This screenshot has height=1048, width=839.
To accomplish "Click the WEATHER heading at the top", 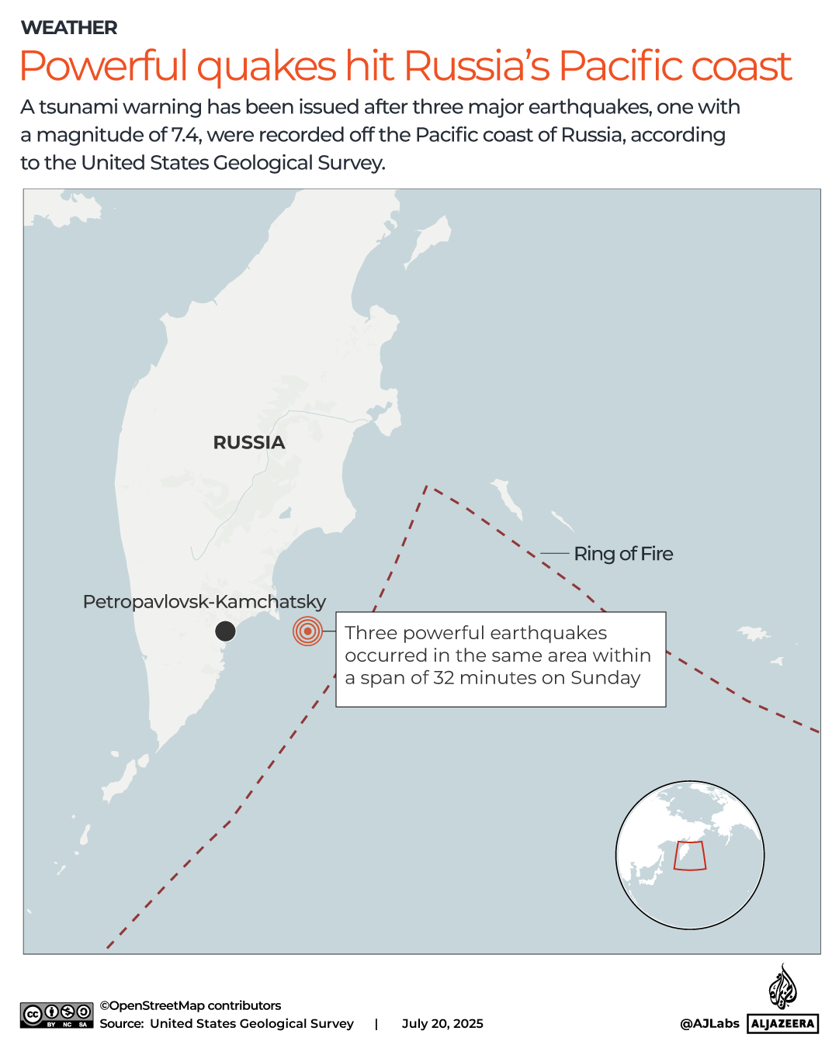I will tap(69, 28).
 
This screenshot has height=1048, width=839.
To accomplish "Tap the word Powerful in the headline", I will tap(104, 66).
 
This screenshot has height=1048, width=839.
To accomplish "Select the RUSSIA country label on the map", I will tap(249, 442).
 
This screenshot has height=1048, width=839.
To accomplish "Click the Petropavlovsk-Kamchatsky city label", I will tap(204, 602).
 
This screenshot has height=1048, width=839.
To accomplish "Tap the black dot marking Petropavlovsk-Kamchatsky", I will tap(225, 631).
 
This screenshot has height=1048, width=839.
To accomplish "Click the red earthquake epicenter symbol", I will tap(307, 631).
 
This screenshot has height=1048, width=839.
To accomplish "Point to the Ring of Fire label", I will tap(623, 554).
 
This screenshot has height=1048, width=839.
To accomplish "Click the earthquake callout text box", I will tap(501, 659).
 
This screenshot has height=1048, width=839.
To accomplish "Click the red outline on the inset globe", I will tap(689, 856).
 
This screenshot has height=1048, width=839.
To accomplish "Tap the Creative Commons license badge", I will tap(57, 1015).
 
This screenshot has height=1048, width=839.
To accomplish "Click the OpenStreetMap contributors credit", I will tap(190, 1005).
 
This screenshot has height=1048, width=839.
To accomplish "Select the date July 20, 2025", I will tap(442, 1024).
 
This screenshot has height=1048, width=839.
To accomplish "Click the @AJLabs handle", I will tap(709, 1024).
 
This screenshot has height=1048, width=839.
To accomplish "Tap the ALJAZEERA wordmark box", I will tap(782, 1024).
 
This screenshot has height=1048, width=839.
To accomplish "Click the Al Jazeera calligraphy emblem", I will tap(782, 987).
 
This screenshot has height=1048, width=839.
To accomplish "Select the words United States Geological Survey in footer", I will tap(251, 1024).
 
